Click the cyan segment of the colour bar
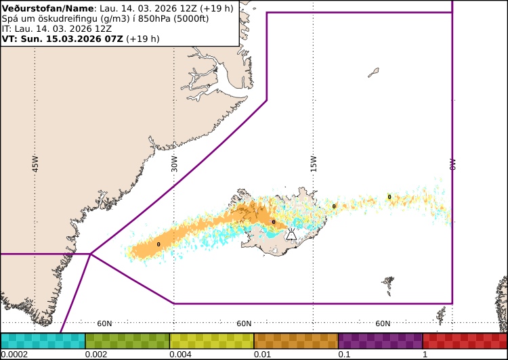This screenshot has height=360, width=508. tap(43, 340)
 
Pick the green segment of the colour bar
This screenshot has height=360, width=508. tap(127, 340)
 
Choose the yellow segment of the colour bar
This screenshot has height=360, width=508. tap(211, 340)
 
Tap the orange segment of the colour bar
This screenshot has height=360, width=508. tap(296, 340)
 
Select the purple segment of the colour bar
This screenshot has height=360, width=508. tap(380, 340)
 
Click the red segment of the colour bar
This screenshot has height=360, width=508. tap(465, 340)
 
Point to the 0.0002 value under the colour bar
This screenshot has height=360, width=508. tap(14, 355)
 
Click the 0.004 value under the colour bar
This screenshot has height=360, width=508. tap(180, 355)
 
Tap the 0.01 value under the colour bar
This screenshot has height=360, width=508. tap(262, 355)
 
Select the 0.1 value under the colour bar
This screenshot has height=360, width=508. tap(344, 355)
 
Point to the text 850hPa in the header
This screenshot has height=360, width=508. tap(153, 18)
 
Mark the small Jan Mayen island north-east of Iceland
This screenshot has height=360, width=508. tap(374, 72)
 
